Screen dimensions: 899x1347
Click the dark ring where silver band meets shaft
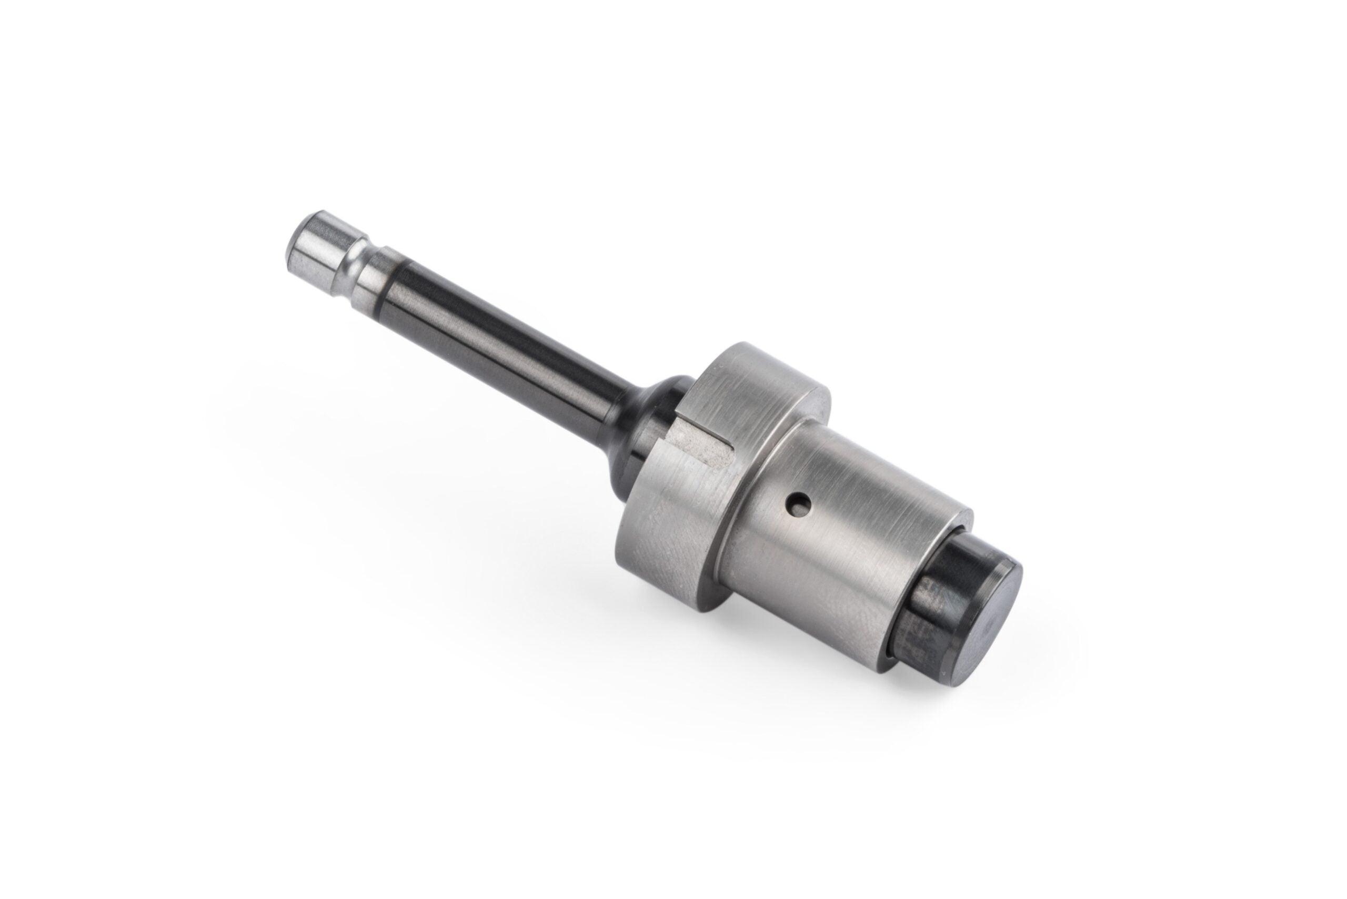click(x=396, y=287)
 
